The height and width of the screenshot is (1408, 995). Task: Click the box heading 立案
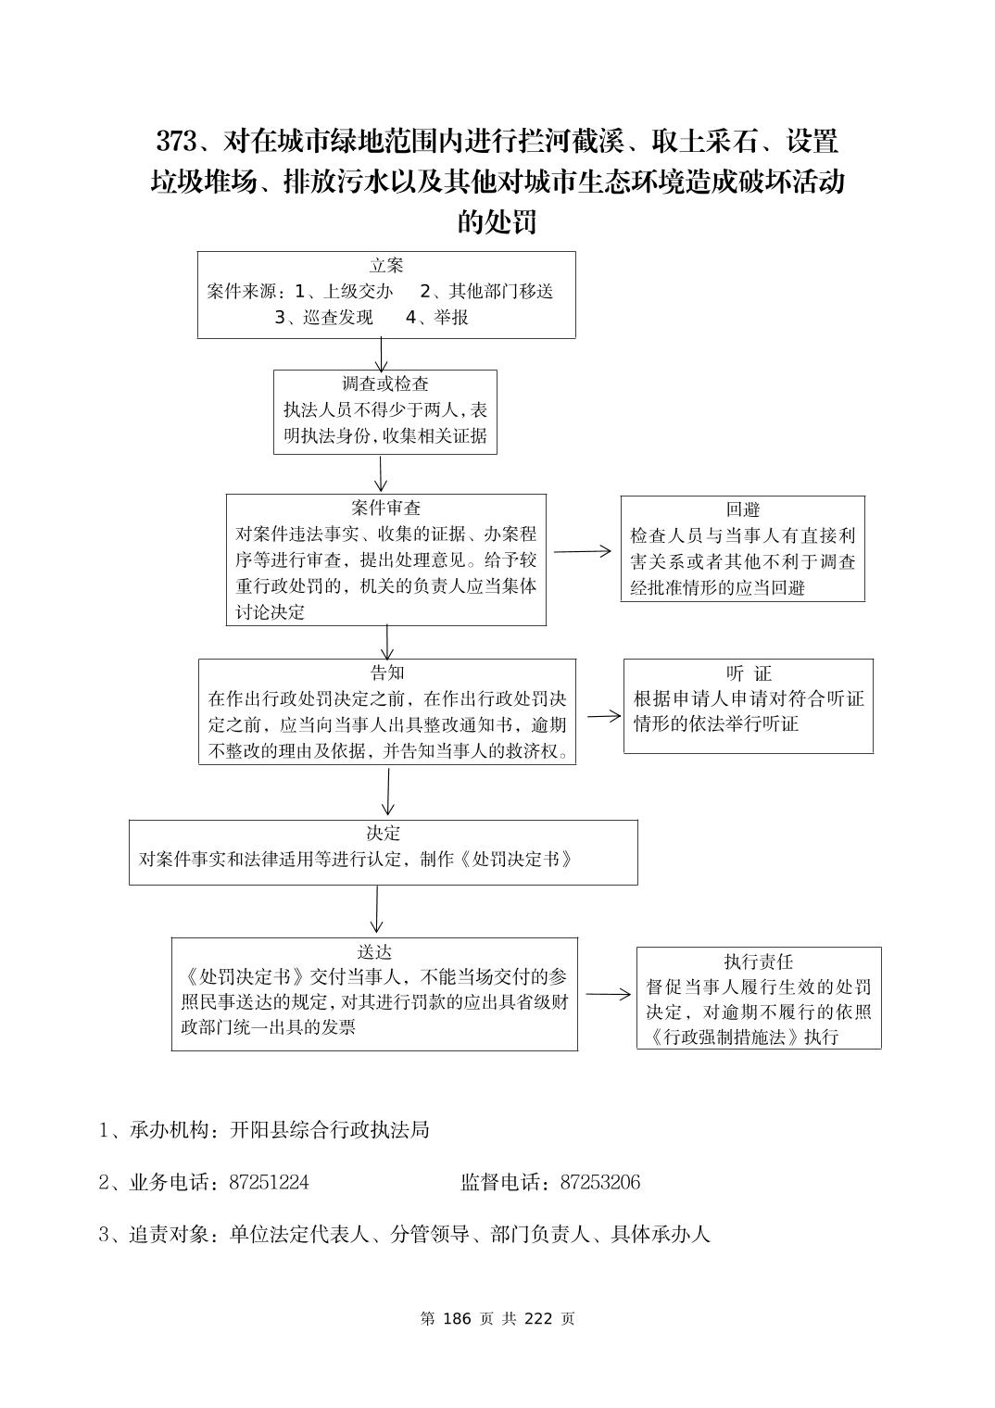pos(386,266)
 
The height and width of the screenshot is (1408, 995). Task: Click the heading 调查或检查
pos(385,383)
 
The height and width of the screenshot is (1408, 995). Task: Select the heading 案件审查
pos(386,508)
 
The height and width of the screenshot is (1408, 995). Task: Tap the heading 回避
pos(743,509)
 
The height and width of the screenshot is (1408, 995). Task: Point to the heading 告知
pos(387,673)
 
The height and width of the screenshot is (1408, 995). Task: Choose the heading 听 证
pos(749,673)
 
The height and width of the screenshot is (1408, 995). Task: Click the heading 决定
pos(384,833)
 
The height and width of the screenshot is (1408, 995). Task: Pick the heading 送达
pos(374,951)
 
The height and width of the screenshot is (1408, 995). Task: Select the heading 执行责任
pos(759,962)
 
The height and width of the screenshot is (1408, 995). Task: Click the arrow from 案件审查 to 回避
pos(583,551)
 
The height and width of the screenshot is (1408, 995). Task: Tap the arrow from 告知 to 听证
pos(603,716)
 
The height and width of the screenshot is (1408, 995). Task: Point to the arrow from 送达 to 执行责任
pos(608,995)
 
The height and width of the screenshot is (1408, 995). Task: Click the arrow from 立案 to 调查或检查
pos(381,354)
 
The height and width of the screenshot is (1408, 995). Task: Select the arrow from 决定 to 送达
pos(376,910)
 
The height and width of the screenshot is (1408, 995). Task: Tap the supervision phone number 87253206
pos(600,1182)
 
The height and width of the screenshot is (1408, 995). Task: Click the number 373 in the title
pos(176,142)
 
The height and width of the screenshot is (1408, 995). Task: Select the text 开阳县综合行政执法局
pos(330,1130)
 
